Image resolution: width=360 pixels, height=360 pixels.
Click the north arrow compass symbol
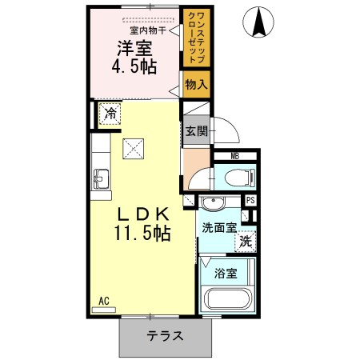pyautogui.click(x=258, y=22)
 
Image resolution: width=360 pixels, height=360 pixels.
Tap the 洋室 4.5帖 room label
pyautogui.click(x=134, y=57)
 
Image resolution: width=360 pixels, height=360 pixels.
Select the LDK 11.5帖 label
pyautogui.click(x=142, y=224)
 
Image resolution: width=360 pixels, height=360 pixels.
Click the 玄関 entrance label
pyautogui.click(x=197, y=131)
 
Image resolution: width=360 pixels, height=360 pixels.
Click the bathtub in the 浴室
pyautogui.click(x=229, y=298)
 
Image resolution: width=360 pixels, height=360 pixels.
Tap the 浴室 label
pyautogui.click(x=226, y=274)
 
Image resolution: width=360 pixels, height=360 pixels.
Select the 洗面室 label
pyautogui.click(x=219, y=228)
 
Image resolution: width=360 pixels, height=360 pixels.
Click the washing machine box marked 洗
pyautogui.click(x=246, y=242)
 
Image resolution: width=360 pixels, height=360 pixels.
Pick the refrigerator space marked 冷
pyautogui.click(x=110, y=114)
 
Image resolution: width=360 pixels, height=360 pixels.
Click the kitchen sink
pyautogui.click(x=101, y=179)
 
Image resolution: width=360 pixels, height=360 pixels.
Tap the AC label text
pyautogui.click(x=104, y=301)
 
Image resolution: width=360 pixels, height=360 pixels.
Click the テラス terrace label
pyautogui.click(x=165, y=335)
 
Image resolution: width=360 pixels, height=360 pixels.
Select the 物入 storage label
pyautogui.click(x=197, y=85)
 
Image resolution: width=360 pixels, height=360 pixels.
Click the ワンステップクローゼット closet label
pyautogui.click(x=197, y=38)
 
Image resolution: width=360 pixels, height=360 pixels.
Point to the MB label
pyautogui.click(x=235, y=156)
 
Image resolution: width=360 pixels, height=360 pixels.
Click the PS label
pyautogui.click(x=250, y=200)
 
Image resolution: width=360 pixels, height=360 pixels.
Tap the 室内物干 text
pyautogui.click(x=148, y=30)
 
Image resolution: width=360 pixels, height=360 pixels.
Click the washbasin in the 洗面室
pyautogui.click(x=213, y=203)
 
